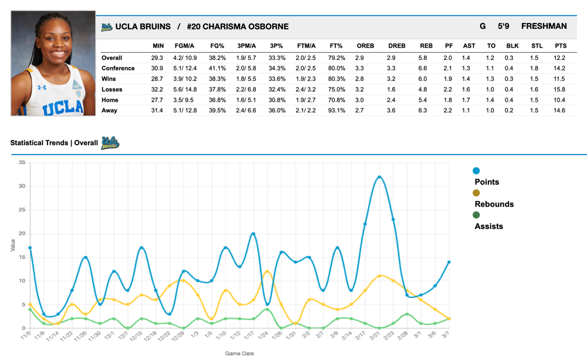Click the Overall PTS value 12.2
559,58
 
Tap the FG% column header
218,46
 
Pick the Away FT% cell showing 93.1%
336,110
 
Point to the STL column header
537,46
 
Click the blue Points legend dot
476,171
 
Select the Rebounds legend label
494,204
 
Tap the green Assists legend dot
476,216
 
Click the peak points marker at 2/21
379,177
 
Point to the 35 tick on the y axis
21,163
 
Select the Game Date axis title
239,354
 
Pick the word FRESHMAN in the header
544,26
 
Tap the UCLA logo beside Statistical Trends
110,142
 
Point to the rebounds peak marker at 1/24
267,271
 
